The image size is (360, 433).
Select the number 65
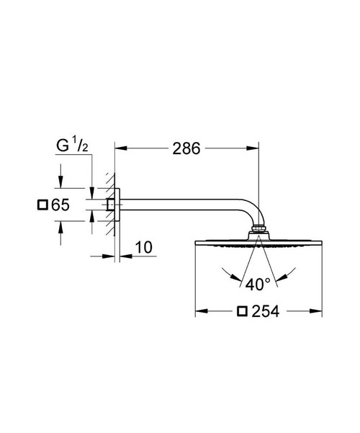(60, 205)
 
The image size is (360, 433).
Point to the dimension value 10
(144, 247)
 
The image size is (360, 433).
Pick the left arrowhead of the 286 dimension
(120, 149)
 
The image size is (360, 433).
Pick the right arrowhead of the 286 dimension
(255, 149)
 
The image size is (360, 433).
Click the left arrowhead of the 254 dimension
(199, 311)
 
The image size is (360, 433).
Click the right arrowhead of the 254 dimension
(318, 311)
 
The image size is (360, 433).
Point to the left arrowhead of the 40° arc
(225, 274)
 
